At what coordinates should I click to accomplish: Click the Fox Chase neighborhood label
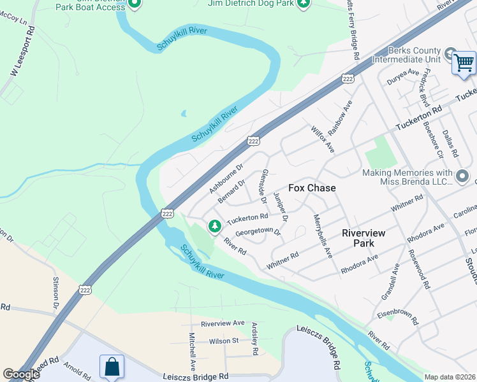312,188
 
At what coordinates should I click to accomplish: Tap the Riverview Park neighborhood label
363,238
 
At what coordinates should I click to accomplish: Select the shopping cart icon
464,63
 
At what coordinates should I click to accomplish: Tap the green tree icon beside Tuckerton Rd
215,225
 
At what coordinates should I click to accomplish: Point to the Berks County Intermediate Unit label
414,55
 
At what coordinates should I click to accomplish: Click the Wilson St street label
219,341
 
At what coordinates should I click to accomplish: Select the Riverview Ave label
223,323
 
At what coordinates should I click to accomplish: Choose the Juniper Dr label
281,207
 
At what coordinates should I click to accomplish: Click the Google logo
21,374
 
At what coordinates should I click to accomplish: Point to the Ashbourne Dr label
226,180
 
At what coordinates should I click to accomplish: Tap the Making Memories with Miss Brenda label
407,178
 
